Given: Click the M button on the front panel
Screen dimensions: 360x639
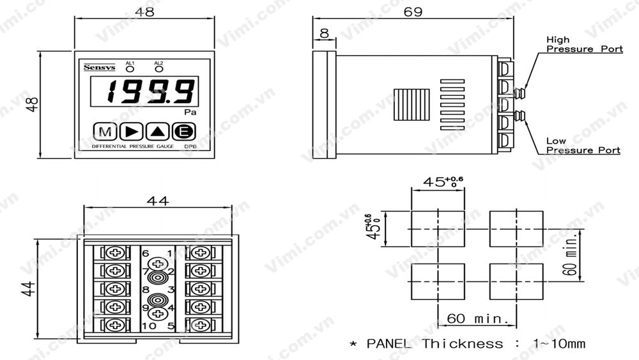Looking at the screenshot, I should pos(104,132).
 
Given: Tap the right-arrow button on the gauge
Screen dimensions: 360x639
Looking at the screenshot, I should pos(132,132).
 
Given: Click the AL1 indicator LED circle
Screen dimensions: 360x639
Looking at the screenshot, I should pos(130,68).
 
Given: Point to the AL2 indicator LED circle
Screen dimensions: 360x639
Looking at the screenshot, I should pos(158,68).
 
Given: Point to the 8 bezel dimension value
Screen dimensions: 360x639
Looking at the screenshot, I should pos(324,33).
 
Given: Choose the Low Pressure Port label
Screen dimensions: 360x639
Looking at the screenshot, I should pos(583,146).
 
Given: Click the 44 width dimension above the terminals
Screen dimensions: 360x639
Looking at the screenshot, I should pos(158,201).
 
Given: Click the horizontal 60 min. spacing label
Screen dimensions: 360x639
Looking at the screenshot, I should pos(477,318).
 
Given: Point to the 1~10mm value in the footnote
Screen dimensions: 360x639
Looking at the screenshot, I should pos(558,344).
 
